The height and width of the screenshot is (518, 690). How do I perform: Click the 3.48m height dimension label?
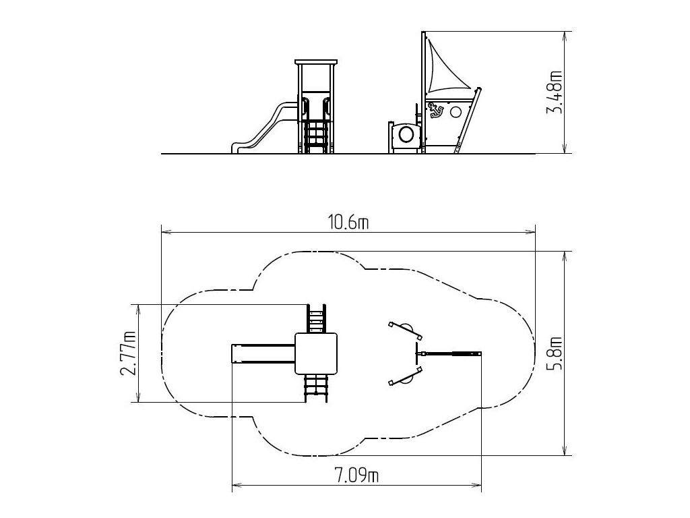555,92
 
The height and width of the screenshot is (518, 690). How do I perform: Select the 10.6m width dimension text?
348,223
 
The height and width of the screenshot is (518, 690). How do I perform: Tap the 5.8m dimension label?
555,353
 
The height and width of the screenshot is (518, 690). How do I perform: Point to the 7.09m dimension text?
356,476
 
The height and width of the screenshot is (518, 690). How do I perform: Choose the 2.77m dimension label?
128,353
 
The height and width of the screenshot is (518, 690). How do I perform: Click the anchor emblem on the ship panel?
435,110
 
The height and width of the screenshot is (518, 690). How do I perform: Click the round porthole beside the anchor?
456,111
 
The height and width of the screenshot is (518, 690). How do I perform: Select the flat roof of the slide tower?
317,61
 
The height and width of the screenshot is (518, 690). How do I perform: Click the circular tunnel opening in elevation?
405,134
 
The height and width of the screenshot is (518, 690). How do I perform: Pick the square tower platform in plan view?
317,353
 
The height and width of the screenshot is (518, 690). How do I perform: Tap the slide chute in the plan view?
263,353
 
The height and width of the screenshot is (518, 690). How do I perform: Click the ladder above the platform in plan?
317,318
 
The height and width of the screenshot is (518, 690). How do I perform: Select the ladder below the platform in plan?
317,388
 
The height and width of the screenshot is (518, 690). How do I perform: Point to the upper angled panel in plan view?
406,330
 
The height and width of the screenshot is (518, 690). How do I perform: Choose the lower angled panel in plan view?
406,376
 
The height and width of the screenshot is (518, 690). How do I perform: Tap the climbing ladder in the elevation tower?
317,137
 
